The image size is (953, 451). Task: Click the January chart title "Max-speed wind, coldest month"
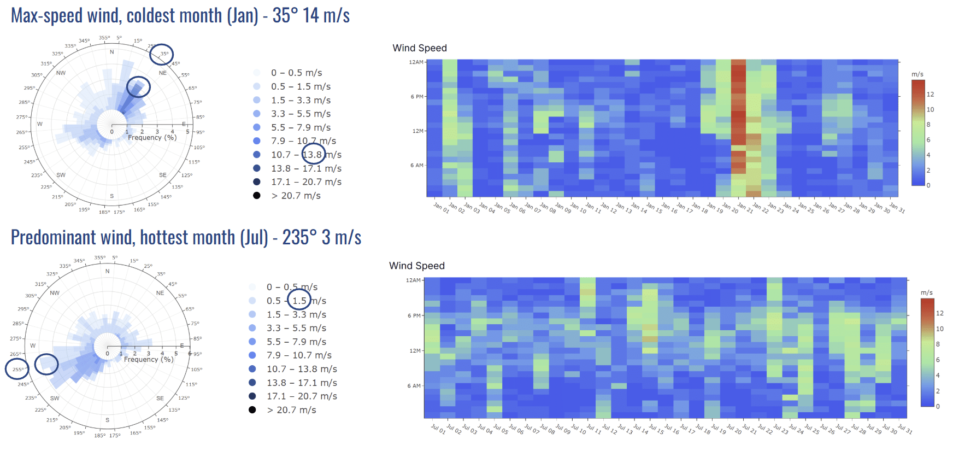point(134,15)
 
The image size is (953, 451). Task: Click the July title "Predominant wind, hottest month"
point(139,238)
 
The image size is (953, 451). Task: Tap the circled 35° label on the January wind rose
point(164,54)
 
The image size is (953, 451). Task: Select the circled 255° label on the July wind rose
point(17,370)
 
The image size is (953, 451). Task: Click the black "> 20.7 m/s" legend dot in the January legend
point(257,196)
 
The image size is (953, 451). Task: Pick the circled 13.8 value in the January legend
point(313,155)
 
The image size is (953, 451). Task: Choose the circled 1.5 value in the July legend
point(299,301)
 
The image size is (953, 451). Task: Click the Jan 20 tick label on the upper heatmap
point(730,208)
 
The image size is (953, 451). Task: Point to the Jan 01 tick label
point(441,208)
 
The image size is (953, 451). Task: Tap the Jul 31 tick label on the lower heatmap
point(905,430)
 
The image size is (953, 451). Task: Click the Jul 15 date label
point(656,430)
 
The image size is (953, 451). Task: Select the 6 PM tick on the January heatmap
point(417,97)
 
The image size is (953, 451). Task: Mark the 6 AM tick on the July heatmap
point(414,386)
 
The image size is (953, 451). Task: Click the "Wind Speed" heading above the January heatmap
point(420,48)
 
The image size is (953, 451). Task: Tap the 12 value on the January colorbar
point(930,95)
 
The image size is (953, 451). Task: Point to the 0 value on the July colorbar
point(938,406)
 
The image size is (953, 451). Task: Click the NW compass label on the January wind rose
point(61,73)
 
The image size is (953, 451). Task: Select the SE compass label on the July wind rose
point(160,399)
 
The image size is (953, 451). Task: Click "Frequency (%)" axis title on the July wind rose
point(149,360)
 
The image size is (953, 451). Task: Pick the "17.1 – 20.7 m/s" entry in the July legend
point(302,396)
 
